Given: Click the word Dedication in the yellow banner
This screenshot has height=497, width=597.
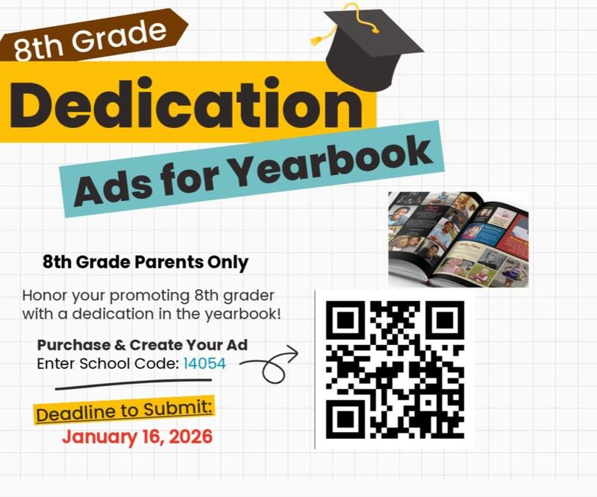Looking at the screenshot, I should click(187, 104).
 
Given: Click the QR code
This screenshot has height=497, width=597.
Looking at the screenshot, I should click(395, 370).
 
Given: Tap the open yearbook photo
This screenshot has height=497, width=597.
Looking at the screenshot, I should click(458, 238).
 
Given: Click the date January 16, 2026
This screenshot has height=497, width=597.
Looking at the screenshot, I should click(137, 437).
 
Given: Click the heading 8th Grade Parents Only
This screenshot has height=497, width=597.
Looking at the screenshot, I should click(146, 262).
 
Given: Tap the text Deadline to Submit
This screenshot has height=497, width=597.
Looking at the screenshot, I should click(124, 411).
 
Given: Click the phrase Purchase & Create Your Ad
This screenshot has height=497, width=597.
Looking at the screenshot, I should click(142, 346).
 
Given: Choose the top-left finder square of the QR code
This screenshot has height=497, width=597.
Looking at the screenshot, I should click(346, 321).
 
